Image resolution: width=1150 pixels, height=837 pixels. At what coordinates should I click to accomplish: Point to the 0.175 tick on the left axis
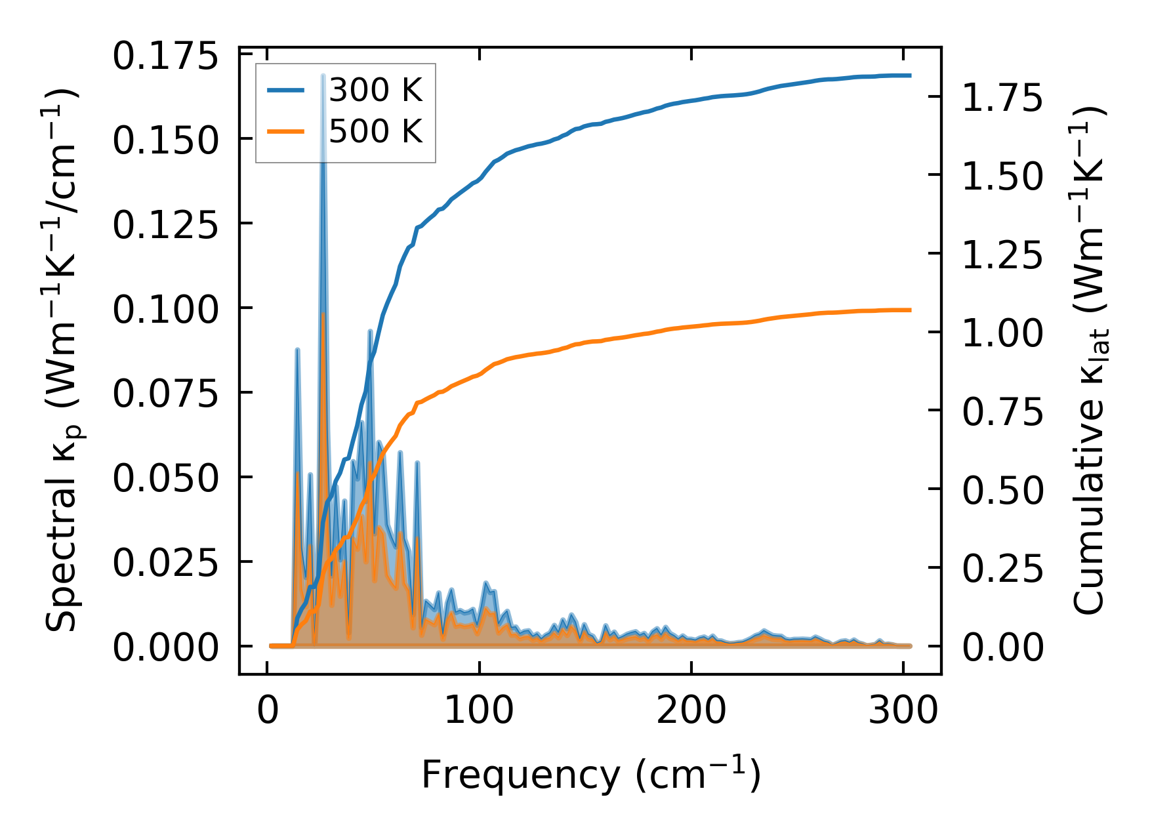[x=165, y=56]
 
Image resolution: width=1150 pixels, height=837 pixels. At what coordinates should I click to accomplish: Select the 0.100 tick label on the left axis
[x=165, y=309]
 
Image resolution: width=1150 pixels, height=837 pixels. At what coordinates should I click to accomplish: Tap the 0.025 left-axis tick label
[x=165, y=563]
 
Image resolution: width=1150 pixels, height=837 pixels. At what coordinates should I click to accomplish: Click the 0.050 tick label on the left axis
[x=165, y=478]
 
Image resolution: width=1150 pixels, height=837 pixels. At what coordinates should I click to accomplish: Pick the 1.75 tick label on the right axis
[x=1002, y=98]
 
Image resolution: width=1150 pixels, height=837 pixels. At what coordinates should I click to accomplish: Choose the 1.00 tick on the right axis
[x=1002, y=333]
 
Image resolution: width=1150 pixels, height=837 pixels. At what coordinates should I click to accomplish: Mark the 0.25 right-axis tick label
[x=1002, y=568]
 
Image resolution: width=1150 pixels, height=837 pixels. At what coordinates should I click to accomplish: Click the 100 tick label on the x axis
[x=479, y=711]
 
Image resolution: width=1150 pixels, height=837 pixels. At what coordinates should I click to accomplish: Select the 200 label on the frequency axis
[x=691, y=711]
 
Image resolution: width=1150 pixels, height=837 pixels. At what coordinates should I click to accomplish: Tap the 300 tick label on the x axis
[x=903, y=711]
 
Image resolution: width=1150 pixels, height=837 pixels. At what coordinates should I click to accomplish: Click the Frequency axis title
[x=590, y=775]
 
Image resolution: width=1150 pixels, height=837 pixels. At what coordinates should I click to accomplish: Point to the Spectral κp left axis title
[x=62, y=361]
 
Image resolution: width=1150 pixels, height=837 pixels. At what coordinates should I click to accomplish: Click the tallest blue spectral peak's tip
[x=323, y=76]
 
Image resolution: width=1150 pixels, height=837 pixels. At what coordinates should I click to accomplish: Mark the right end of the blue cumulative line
[x=911, y=75]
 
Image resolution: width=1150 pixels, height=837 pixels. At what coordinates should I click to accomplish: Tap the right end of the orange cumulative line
[x=911, y=310]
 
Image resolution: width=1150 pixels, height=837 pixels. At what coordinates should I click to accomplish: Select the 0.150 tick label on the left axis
[x=165, y=140]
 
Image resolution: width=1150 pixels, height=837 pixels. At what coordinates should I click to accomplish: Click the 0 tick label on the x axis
[x=268, y=711]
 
